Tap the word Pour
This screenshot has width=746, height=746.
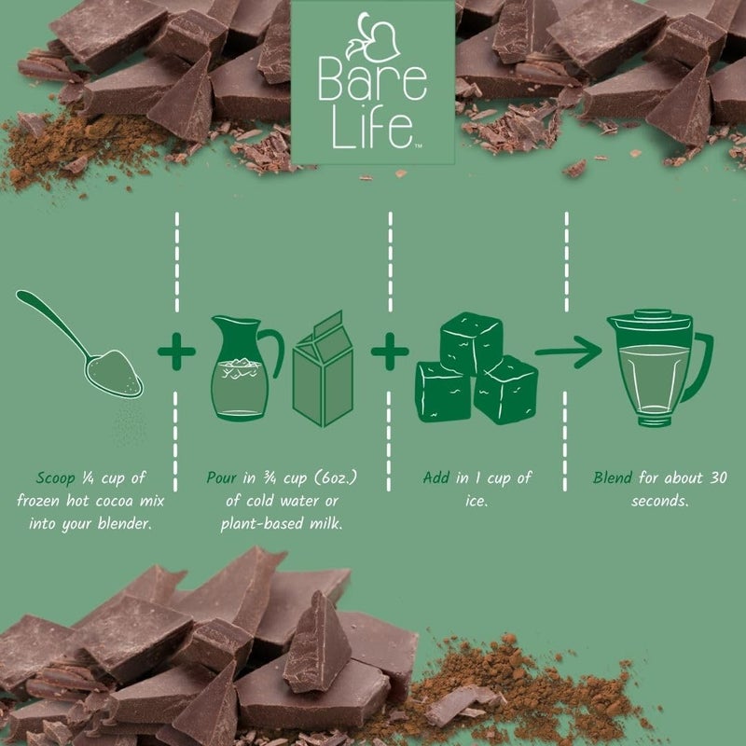(x=224, y=478)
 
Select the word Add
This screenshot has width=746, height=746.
(x=435, y=478)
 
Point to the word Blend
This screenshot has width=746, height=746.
(x=614, y=478)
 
